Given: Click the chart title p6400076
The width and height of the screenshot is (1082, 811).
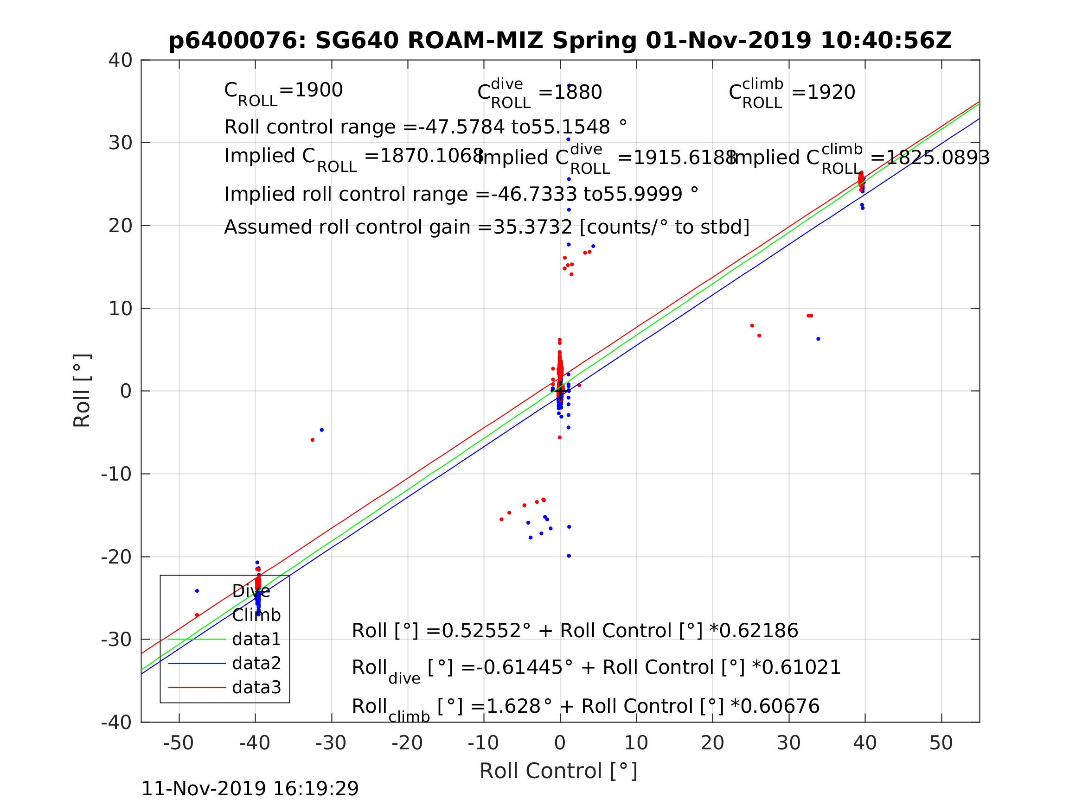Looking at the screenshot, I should click(560, 41).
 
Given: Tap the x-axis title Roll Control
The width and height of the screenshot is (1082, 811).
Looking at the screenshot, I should click(558, 771).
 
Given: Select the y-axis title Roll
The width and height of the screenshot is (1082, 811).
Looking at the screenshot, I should click(82, 391).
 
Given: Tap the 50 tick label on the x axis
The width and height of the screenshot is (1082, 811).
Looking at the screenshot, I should click(941, 743).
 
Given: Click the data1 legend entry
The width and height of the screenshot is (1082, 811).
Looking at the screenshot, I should click(256, 640).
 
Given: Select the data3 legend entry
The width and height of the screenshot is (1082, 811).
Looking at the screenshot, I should click(256, 688).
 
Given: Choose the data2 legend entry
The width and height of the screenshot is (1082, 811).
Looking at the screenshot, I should click(256, 663).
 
